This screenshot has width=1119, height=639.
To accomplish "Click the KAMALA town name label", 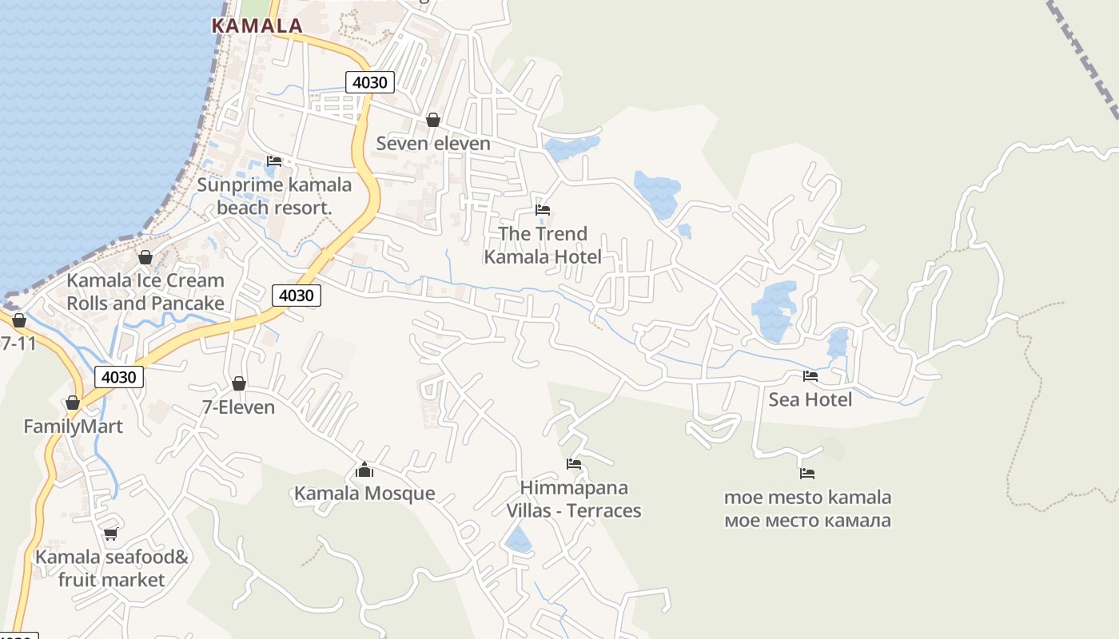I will [257, 26].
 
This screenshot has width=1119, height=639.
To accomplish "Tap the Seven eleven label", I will [433, 144].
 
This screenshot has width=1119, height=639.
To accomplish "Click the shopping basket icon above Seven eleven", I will [433, 120].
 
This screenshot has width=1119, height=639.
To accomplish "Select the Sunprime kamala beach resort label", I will [274, 196].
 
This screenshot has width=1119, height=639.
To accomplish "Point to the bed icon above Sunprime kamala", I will [274, 161].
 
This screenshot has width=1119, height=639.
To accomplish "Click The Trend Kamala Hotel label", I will [543, 245].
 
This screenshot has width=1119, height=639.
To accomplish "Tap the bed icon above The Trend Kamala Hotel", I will [543, 210].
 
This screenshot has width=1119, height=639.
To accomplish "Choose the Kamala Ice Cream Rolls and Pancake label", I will [145, 292].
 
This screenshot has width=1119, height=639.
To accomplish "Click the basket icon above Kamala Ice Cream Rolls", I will [145, 257].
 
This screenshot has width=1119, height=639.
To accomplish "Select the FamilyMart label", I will [73, 427].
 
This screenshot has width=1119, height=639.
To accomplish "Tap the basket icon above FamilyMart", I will [73, 403].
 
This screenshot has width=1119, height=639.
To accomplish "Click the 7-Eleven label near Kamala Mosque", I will [238, 407].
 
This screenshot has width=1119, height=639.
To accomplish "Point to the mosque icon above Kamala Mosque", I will [364, 470].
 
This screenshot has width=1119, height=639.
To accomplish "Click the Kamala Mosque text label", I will [364, 494].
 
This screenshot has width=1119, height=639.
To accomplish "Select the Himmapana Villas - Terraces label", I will [574, 499].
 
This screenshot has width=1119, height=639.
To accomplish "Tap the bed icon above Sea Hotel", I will [810, 375].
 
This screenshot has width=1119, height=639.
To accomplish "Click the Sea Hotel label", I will [810, 399].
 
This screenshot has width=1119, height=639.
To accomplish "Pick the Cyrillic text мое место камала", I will [807, 521].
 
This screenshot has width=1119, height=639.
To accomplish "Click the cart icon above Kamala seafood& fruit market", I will [110, 534].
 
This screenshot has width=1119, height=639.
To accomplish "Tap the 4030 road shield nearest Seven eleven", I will [369, 81].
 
